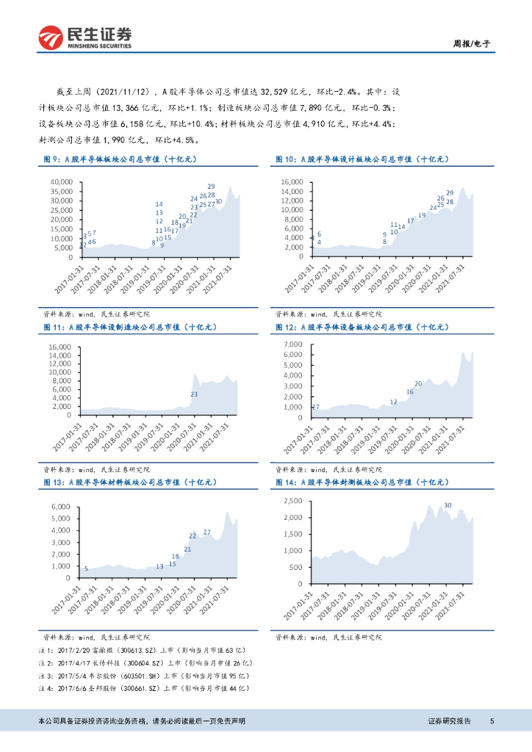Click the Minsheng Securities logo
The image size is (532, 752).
coord(85,37)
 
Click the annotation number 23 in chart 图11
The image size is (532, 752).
coord(194,394)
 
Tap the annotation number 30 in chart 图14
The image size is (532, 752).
coord(447,505)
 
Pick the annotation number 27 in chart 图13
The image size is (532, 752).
coord(206,532)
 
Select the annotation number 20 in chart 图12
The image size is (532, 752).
coord(418,384)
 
